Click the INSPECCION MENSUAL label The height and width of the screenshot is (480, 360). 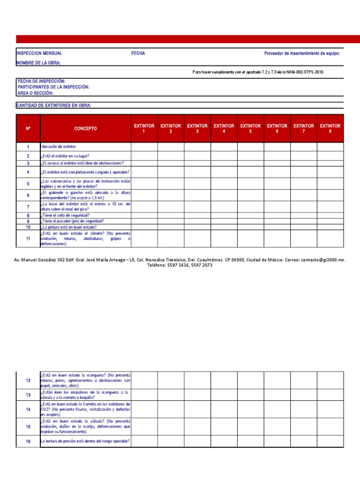pyautogui.click(x=39, y=53)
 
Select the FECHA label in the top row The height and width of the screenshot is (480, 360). pyautogui.click(x=138, y=53)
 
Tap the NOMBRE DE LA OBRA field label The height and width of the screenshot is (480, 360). pyautogui.click(x=39, y=63)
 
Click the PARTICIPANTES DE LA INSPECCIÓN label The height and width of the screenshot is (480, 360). pyautogui.click(x=53, y=87)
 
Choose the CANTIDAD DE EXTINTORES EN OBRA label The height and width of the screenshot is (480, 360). pyautogui.click(x=54, y=105)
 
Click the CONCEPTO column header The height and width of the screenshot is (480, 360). pyautogui.click(x=85, y=128)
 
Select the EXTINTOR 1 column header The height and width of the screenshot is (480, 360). pyautogui.click(x=144, y=128)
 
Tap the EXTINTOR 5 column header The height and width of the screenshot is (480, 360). pyautogui.click(x=250, y=128)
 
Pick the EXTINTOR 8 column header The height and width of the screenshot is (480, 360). pyautogui.click(x=330, y=128)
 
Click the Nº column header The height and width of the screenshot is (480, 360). pyautogui.click(x=28, y=128)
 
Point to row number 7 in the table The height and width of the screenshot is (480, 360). pyautogui.click(x=28, y=207)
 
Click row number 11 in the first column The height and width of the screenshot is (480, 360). pyautogui.click(x=28, y=239)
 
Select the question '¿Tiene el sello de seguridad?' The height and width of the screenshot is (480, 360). pyautogui.click(x=65, y=215)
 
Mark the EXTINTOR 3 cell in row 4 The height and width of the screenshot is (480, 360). pyautogui.click(x=197, y=172)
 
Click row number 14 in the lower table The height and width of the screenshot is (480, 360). pyautogui.click(x=28, y=409)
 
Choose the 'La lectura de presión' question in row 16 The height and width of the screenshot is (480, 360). pyautogui.click(x=85, y=441)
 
